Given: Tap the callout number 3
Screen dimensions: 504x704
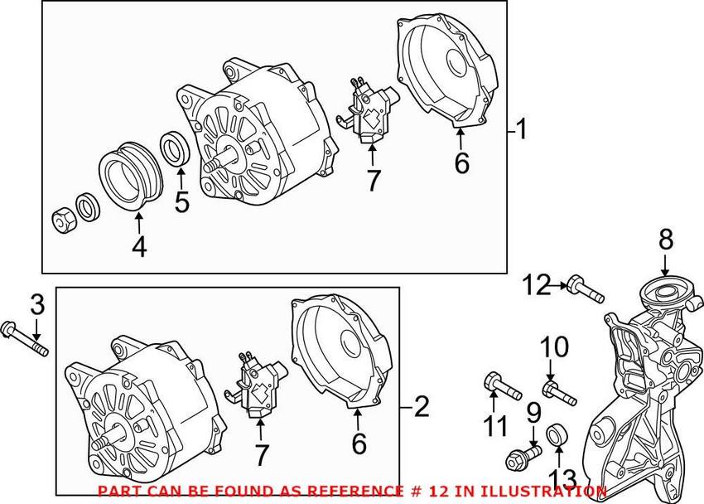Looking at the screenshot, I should [36, 304].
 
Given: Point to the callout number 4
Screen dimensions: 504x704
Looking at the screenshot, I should [139, 246].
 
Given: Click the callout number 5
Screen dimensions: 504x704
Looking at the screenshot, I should [181, 201].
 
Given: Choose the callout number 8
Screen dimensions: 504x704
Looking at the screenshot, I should [666, 240].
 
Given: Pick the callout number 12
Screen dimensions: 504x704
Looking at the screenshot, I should [537, 286].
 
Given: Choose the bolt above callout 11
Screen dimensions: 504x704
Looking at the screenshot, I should [501, 385].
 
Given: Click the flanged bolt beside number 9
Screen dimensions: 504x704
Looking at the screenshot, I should [521, 454].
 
